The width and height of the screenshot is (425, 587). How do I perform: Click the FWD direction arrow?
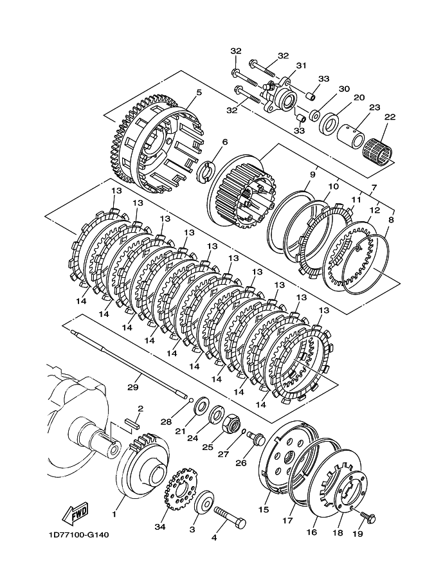pos(75,512)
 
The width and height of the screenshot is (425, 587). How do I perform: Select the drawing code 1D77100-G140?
pos(79,535)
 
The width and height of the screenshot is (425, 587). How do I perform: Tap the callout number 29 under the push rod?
pos(133,387)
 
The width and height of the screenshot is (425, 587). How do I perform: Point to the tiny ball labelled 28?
pos(191,400)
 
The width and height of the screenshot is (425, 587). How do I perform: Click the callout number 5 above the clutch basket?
pos(199,92)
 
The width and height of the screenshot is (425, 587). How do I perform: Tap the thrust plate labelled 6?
pos(206,172)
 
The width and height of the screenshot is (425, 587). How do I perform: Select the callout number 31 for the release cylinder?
pos(301,66)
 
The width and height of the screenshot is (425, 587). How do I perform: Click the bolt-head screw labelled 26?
pos(258,438)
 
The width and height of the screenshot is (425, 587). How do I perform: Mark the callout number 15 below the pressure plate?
pos(264,509)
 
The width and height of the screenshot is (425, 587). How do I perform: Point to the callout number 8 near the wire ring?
pos(391,220)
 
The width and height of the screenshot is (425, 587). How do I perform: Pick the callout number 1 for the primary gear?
pos(114,514)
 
